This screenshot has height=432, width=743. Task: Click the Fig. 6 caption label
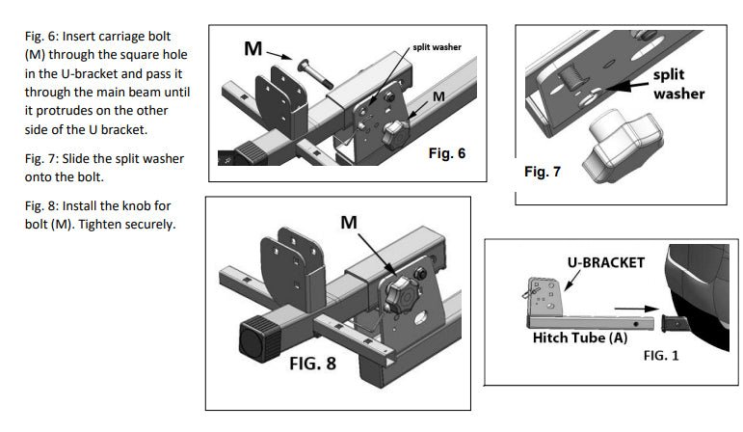pos(446,153)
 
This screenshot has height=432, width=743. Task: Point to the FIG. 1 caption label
pos(660,355)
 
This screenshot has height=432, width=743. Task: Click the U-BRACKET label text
pos(604,261)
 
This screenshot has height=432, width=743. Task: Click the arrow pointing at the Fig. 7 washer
pos(624,89)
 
